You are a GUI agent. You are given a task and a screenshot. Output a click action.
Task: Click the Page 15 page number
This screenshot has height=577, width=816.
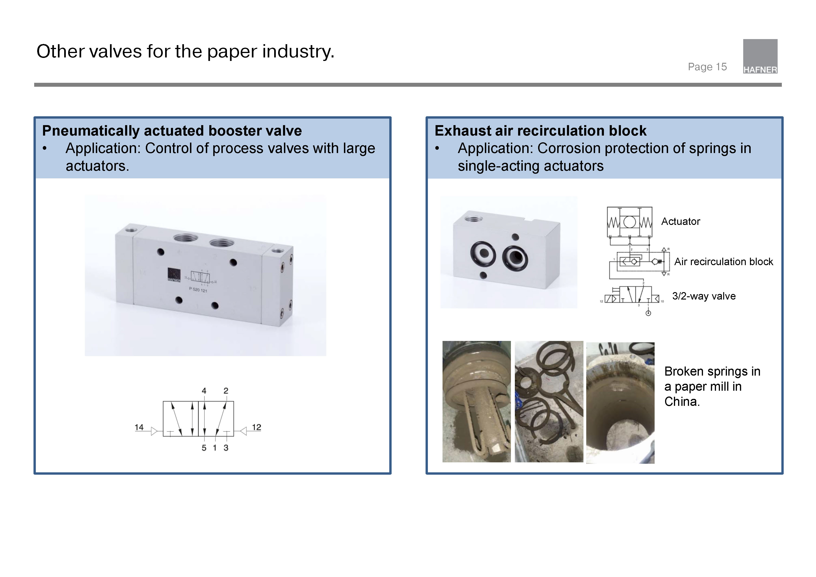tap(707, 67)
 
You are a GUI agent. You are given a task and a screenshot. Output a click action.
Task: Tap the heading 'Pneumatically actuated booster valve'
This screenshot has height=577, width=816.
tap(172, 131)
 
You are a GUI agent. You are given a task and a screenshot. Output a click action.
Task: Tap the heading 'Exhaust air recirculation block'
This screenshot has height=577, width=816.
tap(540, 131)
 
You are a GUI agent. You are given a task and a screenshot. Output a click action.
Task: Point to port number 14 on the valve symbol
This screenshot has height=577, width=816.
tap(139, 427)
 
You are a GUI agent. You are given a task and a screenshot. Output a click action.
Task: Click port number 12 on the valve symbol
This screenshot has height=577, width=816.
tap(256, 427)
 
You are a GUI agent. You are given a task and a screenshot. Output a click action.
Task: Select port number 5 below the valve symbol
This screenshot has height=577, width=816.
tap(204, 448)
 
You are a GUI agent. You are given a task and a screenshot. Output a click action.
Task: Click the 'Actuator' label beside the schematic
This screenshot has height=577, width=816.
tap(680, 221)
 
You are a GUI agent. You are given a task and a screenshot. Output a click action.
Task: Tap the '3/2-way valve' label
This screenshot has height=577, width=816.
tap(704, 296)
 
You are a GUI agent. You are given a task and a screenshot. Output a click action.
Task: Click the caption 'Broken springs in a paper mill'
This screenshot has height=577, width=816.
tap(712, 387)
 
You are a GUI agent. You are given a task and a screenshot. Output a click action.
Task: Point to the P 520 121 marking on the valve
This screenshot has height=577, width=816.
tap(198, 290)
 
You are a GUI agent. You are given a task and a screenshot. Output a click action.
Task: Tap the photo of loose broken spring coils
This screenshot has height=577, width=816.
tap(549, 401)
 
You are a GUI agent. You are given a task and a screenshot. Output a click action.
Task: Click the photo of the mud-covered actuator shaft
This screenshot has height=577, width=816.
tap(476, 401)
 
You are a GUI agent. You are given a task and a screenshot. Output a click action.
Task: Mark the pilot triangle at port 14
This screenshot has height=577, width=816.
tap(154, 431)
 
